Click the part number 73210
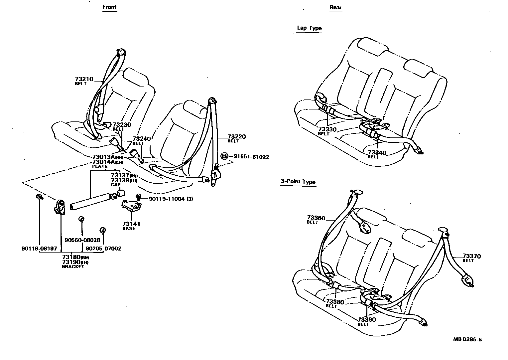(x=84, y=79)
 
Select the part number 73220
(x=236, y=136)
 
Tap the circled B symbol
(x=225, y=156)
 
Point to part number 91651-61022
(x=251, y=157)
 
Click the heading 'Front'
(x=110, y=7)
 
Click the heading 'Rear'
(x=335, y=7)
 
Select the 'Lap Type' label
(x=309, y=28)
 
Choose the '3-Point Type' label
(x=298, y=182)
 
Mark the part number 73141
(x=131, y=224)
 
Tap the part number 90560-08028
(x=82, y=240)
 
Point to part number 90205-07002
(x=103, y=249)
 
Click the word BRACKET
(x=73, y=267)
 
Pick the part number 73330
(x=327, y=129)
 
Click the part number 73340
(x=377, y=153)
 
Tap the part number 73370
(x=472, y=256)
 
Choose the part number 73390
(x=366, y=320)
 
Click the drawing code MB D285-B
(x=467, y=340)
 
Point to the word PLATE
(x=100, y=166)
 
